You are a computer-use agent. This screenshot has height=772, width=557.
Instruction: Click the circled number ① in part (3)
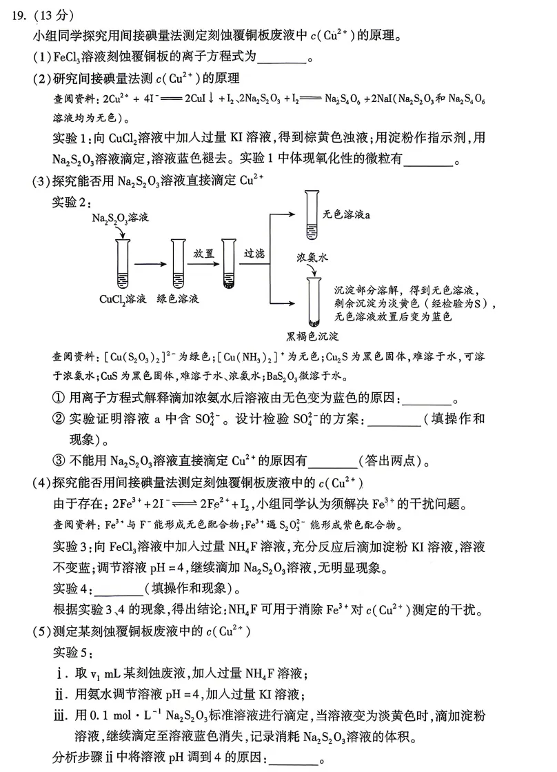(58, 399)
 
